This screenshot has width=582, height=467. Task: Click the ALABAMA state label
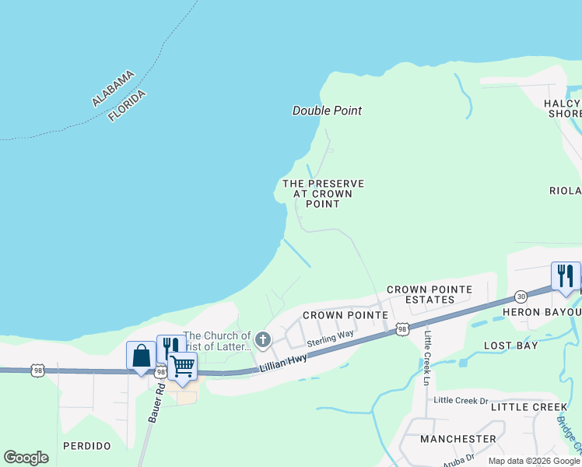113,88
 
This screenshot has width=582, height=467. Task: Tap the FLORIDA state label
128,104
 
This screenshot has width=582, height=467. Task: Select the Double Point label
327,111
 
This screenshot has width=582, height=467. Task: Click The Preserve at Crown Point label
323,194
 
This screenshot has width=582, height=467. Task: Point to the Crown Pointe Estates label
429,294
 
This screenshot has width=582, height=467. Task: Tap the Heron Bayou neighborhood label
553,312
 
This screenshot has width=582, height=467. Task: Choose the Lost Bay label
510,345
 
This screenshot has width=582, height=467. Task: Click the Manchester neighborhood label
458,439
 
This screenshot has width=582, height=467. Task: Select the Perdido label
87,446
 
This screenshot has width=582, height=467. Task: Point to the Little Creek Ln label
427,359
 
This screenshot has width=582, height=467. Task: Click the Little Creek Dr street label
461,400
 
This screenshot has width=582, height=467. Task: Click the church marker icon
263,339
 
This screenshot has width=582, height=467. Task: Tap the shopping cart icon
182,365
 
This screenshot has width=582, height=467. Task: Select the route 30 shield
521,297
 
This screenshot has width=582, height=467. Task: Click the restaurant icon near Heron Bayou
566,276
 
